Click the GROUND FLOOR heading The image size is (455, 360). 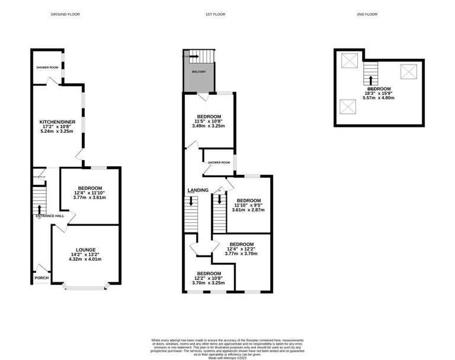pyautogui.click(x=66, y=14)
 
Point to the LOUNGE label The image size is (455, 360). pyautogui.click(x=86, y=250)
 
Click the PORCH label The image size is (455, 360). pyautogui.click(x=41, y=277)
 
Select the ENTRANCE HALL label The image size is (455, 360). pyautogui.click(x=50, y=216)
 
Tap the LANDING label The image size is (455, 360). pyautogui.click(x=197, y=190)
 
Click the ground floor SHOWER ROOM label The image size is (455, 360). pyautogui.click(x=47, y=68)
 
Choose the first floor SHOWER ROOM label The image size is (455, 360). pyautogui.click(x=219, y=163)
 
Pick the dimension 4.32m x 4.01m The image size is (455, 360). pyautogui.click(x=86, y=259)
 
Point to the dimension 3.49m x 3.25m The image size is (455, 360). pyautogui.click(x=209, y=126)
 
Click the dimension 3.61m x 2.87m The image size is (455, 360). pyautogui.click(x=248, y=210)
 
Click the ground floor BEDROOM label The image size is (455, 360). pyautogui.click(x=90, y=188)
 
